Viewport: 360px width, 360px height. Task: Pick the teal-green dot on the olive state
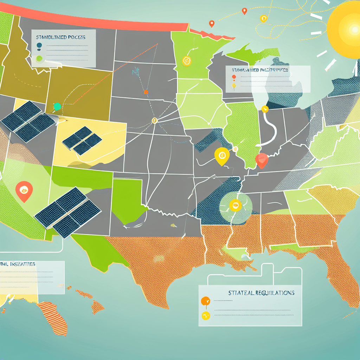(57, 106)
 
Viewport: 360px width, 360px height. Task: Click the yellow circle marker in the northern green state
(186, 61)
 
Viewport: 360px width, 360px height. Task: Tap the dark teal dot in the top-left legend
(39, 45)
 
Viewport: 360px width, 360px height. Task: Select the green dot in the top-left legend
(39, 58)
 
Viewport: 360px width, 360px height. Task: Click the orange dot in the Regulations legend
(205, 301)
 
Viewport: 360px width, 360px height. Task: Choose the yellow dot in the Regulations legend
(205, 315)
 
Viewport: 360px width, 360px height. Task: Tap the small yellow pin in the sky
(263, 18)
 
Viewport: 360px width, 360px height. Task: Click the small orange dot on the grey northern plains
(146, 92)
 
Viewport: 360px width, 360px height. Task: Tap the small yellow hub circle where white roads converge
(154, 121)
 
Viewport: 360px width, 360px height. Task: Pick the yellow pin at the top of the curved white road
(265, 109)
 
